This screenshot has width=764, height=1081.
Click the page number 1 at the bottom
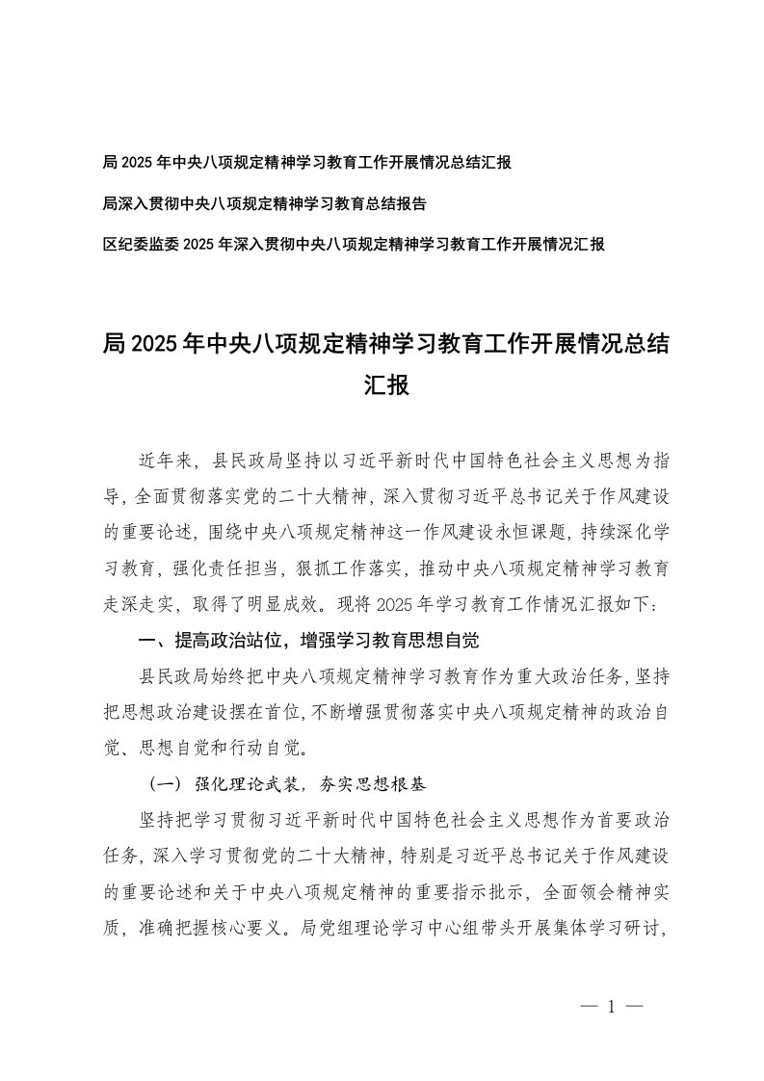coord(611,1007)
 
